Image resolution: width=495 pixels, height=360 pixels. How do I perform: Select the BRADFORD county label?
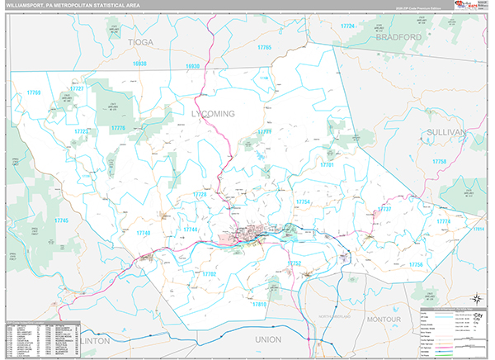point(398,37)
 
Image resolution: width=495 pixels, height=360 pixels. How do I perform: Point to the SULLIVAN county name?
point(446,131)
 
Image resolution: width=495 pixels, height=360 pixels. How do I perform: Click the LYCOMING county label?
point(213,113)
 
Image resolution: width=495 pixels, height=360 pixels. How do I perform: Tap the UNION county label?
point(269,339)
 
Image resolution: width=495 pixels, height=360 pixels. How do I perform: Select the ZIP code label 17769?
point(34,92)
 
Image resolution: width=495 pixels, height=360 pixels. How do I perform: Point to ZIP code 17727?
point(77,88)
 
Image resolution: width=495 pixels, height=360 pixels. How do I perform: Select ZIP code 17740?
point(143,234)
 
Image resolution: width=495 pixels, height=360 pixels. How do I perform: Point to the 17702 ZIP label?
point(209,273)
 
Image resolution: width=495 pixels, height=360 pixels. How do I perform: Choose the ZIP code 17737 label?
point(384,210)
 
